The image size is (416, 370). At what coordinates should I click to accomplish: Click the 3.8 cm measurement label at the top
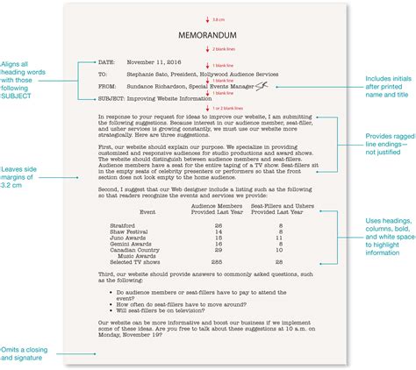pos(216,17)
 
